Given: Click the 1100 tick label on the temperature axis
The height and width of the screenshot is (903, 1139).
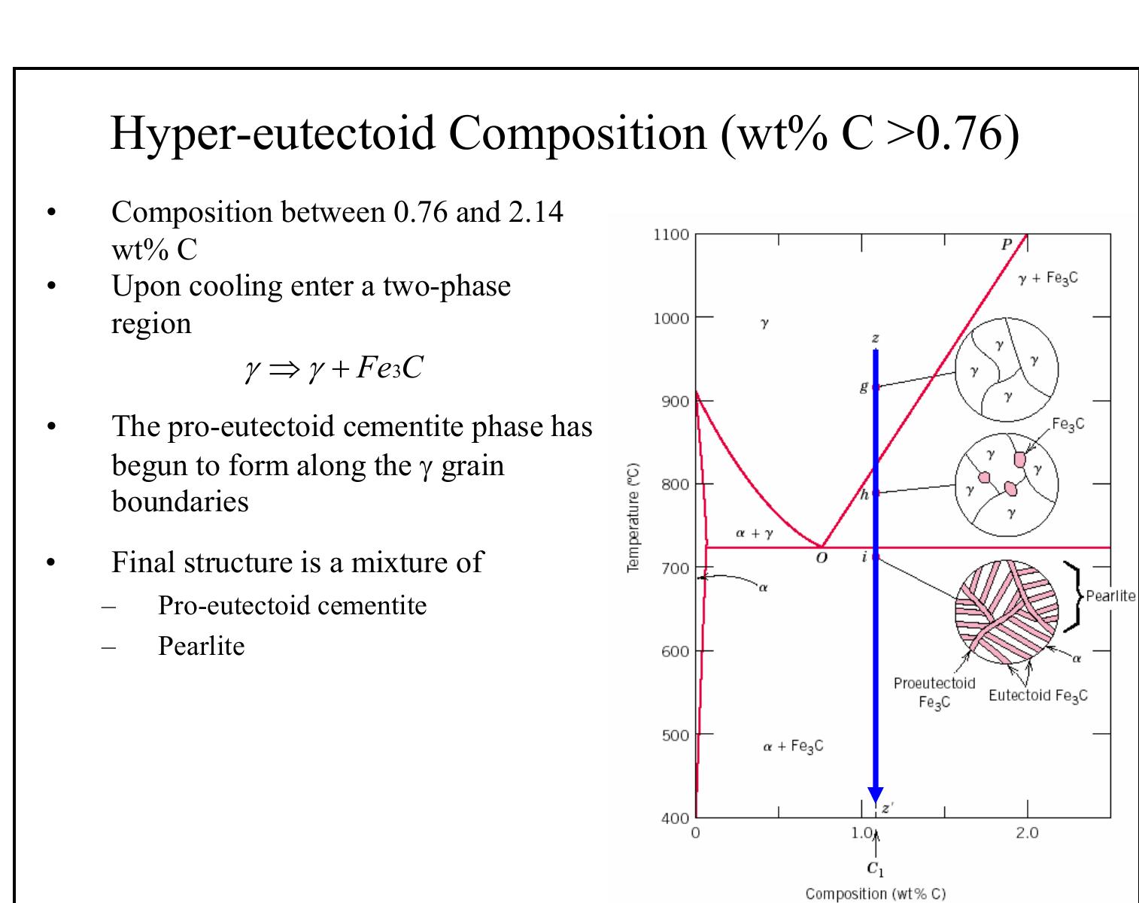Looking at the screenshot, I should click(670, 235).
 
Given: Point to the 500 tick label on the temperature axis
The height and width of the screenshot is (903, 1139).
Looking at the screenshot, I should click(675, 735).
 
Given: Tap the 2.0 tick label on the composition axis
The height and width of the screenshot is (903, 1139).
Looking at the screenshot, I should click(1027, 833).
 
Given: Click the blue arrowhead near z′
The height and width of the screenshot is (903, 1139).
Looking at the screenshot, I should click(875, 795).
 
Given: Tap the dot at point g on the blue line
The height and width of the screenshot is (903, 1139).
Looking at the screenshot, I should click(875, 386).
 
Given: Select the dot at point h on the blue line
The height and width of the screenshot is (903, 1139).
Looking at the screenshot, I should click(875, 493).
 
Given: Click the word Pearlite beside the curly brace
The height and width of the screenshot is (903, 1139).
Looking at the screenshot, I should click(1110, 595).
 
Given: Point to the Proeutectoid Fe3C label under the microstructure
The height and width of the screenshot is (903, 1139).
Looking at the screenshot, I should click(934, 692).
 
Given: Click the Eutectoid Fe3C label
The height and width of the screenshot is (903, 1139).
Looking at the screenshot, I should click(1038, 695).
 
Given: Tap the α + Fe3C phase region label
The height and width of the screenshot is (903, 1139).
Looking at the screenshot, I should click(793, 746).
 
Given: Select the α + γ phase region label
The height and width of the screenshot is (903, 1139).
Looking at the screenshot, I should click(753, 533).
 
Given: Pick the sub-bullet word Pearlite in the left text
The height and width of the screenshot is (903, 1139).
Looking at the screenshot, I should click(201, 645).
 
